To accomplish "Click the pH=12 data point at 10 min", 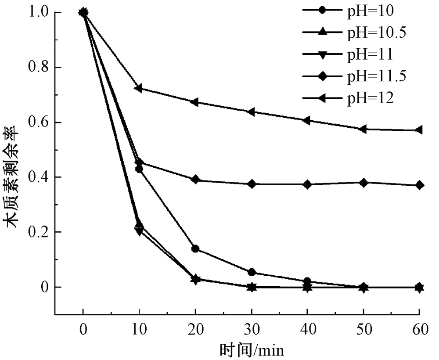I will pyautogui.click(x=139, y=88).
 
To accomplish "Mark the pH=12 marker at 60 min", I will pyautogui.click(x=419, y=130).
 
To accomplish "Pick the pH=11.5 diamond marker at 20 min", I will pyautogui.click(x=195, y=180).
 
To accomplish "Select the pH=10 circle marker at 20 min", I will pyautogui.click(x=195, y=249).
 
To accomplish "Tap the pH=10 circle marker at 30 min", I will pyautogui.click(x=252, y=273).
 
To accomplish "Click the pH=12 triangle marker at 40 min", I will pyautogui.click(x=307, y=120).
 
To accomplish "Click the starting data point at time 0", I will pyautogui.click(x=83, y=12).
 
